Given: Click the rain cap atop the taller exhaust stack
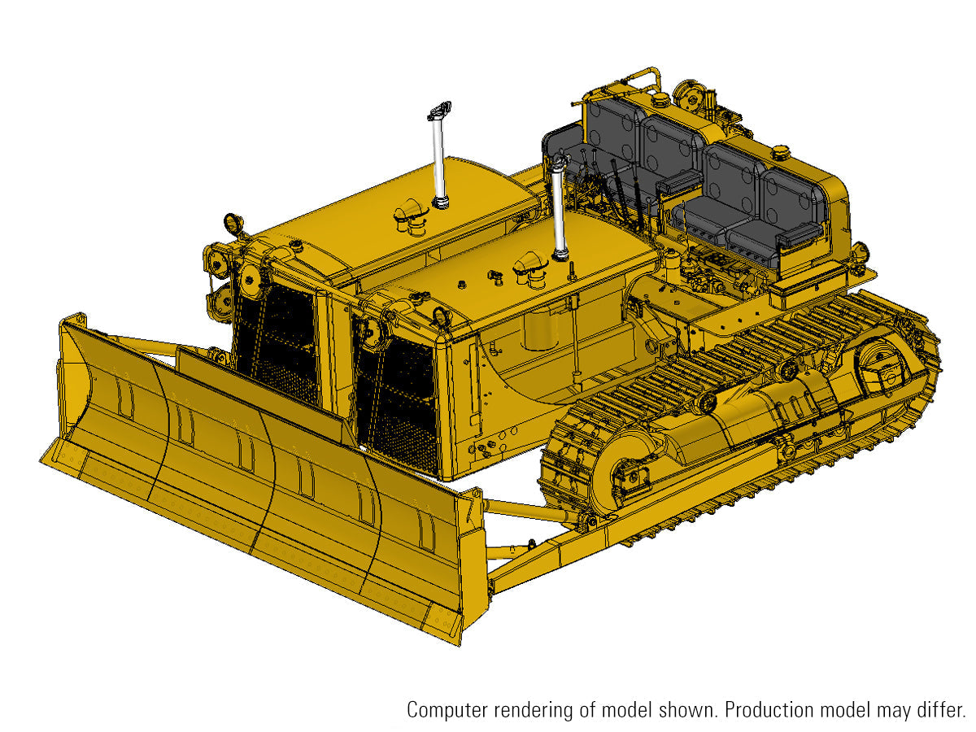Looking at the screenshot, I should tap(439, 108).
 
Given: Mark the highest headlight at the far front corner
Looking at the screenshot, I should tap(233, 222).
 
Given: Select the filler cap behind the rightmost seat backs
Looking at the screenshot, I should tap(781, 152).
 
